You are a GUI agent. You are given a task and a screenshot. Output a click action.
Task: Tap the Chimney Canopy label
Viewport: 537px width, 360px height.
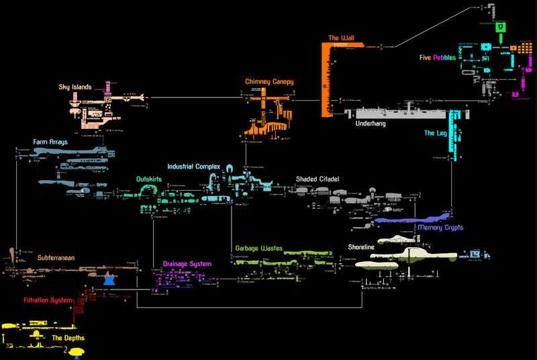[x=269, y=82]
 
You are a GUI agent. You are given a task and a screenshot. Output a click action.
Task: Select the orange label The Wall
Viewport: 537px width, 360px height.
[x=341, y=38]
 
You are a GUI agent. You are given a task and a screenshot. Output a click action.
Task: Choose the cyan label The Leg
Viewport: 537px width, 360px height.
[x=436, y=134]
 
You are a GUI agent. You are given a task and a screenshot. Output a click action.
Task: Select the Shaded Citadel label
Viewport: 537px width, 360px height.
[x=318, y=179]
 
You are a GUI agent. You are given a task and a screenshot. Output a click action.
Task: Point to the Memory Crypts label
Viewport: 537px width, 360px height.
[x=440, y=228]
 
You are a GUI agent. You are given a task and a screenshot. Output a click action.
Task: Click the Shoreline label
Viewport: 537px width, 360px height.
[x=361, y=247]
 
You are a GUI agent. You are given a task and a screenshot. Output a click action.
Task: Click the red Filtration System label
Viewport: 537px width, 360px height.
[x=47, y=300]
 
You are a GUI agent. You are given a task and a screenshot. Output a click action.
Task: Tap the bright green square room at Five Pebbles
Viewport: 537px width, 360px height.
[x=501, y=28]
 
